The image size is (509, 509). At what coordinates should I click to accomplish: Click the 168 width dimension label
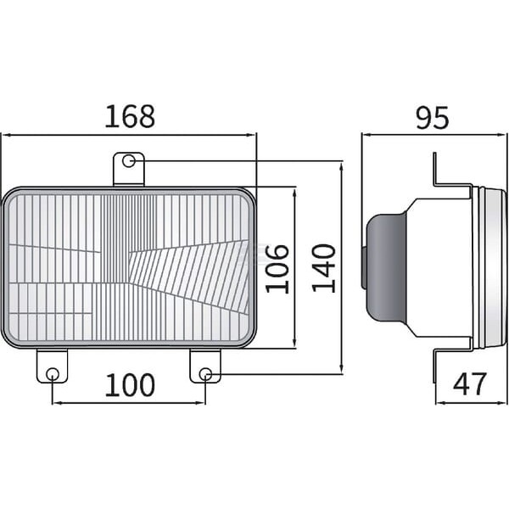coord(130,116)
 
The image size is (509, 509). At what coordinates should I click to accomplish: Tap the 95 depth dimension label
coord(433,117)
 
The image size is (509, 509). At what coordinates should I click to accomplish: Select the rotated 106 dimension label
coord(277,268)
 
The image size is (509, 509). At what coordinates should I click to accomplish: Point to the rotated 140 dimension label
coord(324,268)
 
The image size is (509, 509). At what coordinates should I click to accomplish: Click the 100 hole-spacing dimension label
coord(130,385)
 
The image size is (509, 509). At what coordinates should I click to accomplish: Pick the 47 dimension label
coord(470,383)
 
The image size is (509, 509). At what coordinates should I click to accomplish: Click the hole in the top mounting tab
coord(129,161)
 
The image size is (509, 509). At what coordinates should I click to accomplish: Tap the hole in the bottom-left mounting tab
coord(53,374)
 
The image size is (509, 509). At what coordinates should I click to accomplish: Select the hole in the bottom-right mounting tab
coord(205,374)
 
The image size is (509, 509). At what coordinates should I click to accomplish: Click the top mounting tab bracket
coord(129,170)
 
